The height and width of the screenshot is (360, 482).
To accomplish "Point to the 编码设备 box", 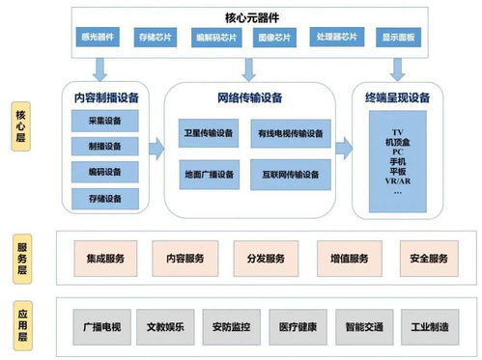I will point(98,173).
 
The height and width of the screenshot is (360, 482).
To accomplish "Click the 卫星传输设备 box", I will point(209,132).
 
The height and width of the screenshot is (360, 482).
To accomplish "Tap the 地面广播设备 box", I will point(209,175).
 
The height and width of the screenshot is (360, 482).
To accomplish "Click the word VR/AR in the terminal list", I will point(397,181).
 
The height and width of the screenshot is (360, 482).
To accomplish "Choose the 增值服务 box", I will point(345,259).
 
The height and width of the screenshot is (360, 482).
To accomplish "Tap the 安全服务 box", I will point(428,259).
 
